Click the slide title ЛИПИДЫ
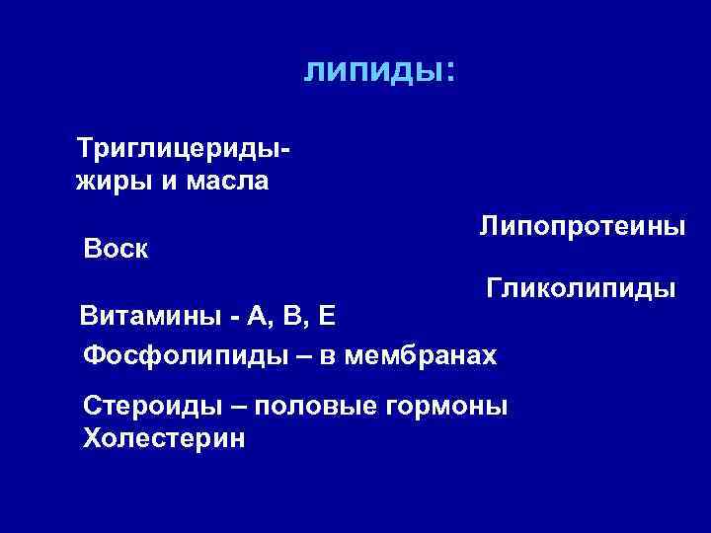click(x=371, y=70)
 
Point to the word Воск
click(x=117, y=248)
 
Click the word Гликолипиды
click(x=581, y=289)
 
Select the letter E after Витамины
click(x=329, y=317)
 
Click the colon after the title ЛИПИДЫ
click(x=449, y=72)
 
